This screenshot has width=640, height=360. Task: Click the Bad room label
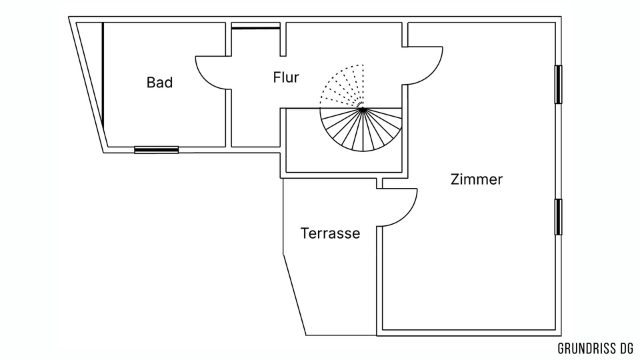159,83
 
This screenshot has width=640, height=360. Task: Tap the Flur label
285,77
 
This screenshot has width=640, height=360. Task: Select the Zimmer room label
476,179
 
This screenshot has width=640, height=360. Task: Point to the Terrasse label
330,234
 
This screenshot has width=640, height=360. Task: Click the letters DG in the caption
625,348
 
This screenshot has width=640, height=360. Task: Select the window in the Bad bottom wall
156,150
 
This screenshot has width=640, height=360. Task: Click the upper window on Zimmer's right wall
559,84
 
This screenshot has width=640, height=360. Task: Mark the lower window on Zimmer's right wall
559,217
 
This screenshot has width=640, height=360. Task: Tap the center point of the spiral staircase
361,108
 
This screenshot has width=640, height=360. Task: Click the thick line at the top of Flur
255,27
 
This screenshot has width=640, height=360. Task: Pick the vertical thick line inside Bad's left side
103,73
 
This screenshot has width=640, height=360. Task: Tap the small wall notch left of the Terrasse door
379,183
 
